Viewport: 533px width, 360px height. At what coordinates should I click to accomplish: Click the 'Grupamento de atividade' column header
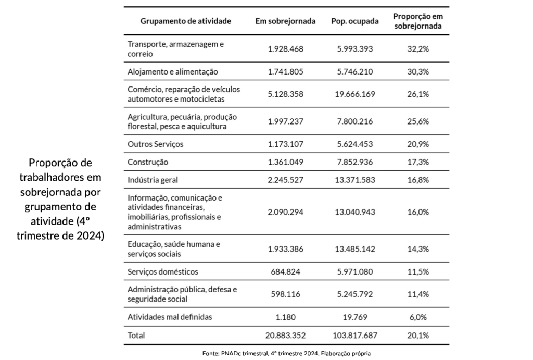click(x=186, y=21)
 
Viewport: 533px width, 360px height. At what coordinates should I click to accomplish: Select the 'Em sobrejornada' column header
click(x=285, y=21)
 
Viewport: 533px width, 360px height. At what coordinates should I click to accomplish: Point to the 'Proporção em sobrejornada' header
click(x=418, y=21)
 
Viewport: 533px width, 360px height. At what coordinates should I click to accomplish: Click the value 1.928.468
click(x=285, y=49)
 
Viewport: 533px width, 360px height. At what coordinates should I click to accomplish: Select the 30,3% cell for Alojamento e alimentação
click(x=418, y=71)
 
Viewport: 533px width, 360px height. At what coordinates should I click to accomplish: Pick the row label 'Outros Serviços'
click(x=156, y=144)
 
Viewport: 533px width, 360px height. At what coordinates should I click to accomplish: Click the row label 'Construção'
click(x=148, y=162)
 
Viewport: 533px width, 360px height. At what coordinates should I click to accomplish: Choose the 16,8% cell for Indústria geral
click(x=418, y=180)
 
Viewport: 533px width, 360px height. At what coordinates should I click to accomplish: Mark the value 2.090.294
click(x=285, y=213)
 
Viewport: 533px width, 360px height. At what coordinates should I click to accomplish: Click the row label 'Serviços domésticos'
click(x=163, y=271)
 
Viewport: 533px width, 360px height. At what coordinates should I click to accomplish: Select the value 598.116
click(x=285, y=294)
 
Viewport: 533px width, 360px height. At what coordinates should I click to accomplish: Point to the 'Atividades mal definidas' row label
click(x=170, y=317)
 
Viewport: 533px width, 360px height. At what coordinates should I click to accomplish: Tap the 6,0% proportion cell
click(x=418, y=317)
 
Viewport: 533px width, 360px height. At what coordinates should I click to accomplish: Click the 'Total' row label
click(x=136, y=335)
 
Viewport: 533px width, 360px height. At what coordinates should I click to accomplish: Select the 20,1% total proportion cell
click(x=418, y=335)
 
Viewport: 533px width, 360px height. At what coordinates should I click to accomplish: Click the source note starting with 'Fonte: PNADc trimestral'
click(x=286, y=354)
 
